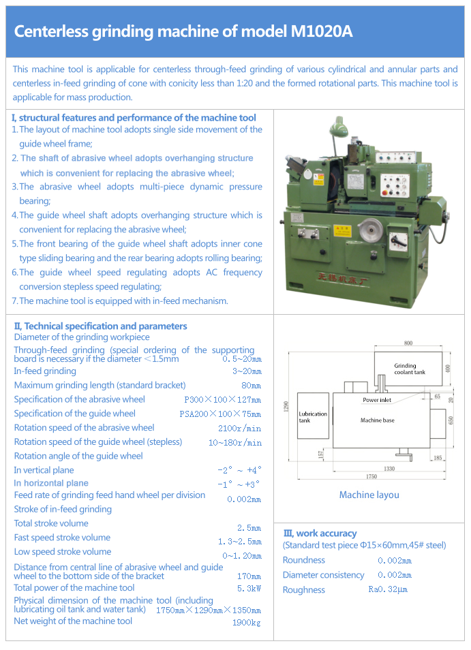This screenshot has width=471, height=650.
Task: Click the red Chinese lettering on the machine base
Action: tap(356, 277)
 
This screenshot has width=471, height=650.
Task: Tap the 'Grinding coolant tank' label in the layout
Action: tap(410, 369)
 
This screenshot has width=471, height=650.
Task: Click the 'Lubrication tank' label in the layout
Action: tap(313, 417)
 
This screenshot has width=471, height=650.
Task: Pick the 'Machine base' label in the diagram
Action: tap(378, 420)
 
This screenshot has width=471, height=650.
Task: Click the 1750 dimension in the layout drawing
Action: tap(371, 476)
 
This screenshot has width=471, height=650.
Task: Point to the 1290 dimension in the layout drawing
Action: tap(288, 407)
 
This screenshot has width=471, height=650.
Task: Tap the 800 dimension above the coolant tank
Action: tap(408, 343)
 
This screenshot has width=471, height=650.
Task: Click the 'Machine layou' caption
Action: tap(369, 495)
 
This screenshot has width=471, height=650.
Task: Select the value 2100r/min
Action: tap(239, 429)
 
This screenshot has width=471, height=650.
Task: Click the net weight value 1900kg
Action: tap(246, 622)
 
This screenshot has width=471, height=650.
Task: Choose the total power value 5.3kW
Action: tap(249, 588)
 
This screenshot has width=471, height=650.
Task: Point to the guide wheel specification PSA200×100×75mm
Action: tap(220, 414)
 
